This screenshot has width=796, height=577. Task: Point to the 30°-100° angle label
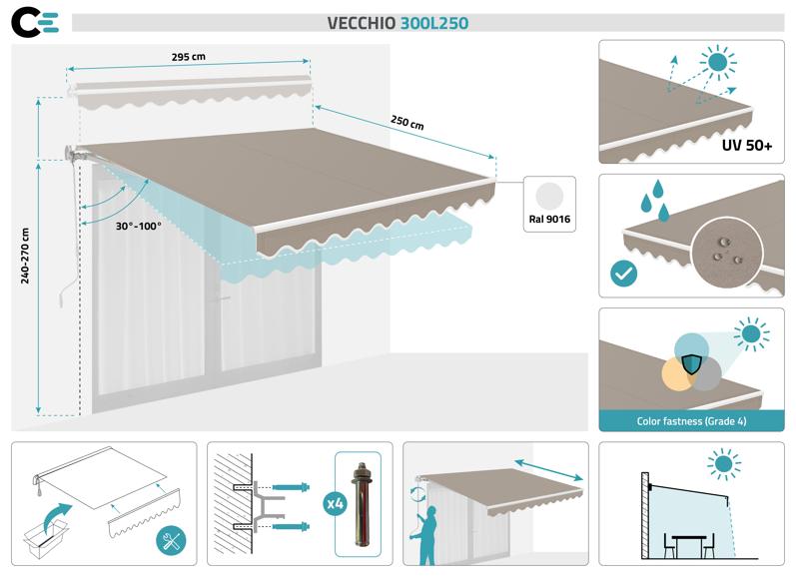point(138,226)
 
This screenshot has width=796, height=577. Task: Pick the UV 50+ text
point(746,146)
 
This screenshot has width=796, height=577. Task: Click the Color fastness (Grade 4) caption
point(691,421)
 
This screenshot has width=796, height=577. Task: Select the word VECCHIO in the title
point(362,22)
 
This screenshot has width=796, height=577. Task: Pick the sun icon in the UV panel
point(716,62)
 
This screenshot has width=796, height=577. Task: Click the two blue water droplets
point(654,200)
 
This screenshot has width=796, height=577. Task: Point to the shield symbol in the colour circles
point(690,350)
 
